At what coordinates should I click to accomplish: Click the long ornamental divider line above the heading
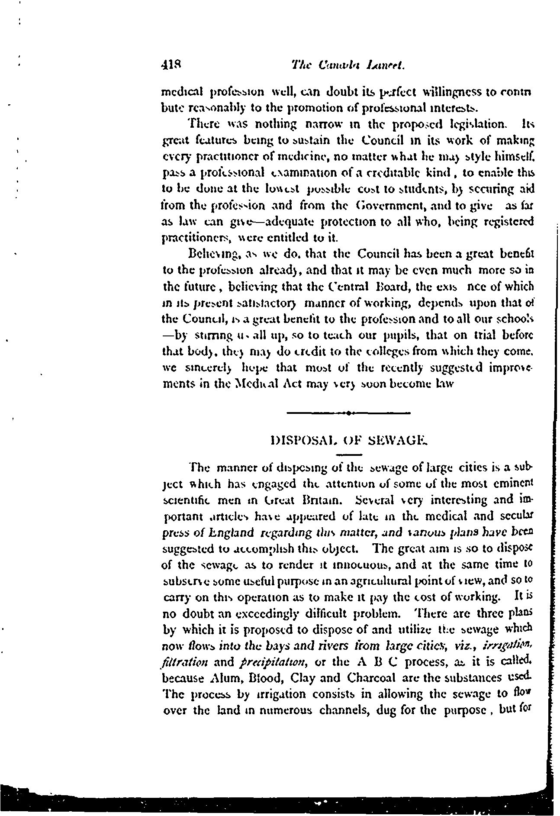[348, 413]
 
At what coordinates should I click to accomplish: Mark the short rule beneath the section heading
[349, 455]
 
